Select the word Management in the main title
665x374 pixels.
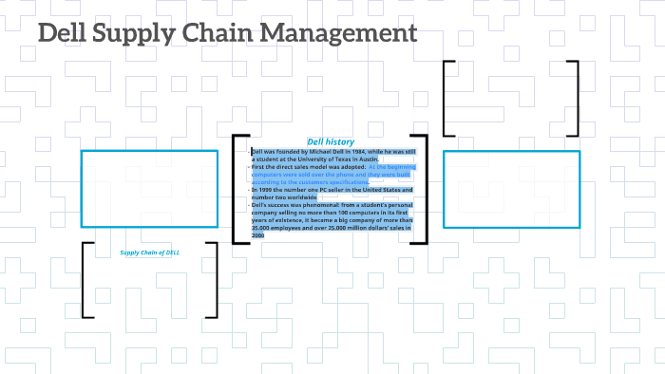(343, 34)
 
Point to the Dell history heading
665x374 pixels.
(330, 141)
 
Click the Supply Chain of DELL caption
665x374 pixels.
(149, 252)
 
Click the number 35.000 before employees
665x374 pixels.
(261, 228)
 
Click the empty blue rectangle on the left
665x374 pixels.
(149, 188)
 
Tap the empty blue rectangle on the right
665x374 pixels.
(511, 188)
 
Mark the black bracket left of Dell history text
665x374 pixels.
(236, 190)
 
